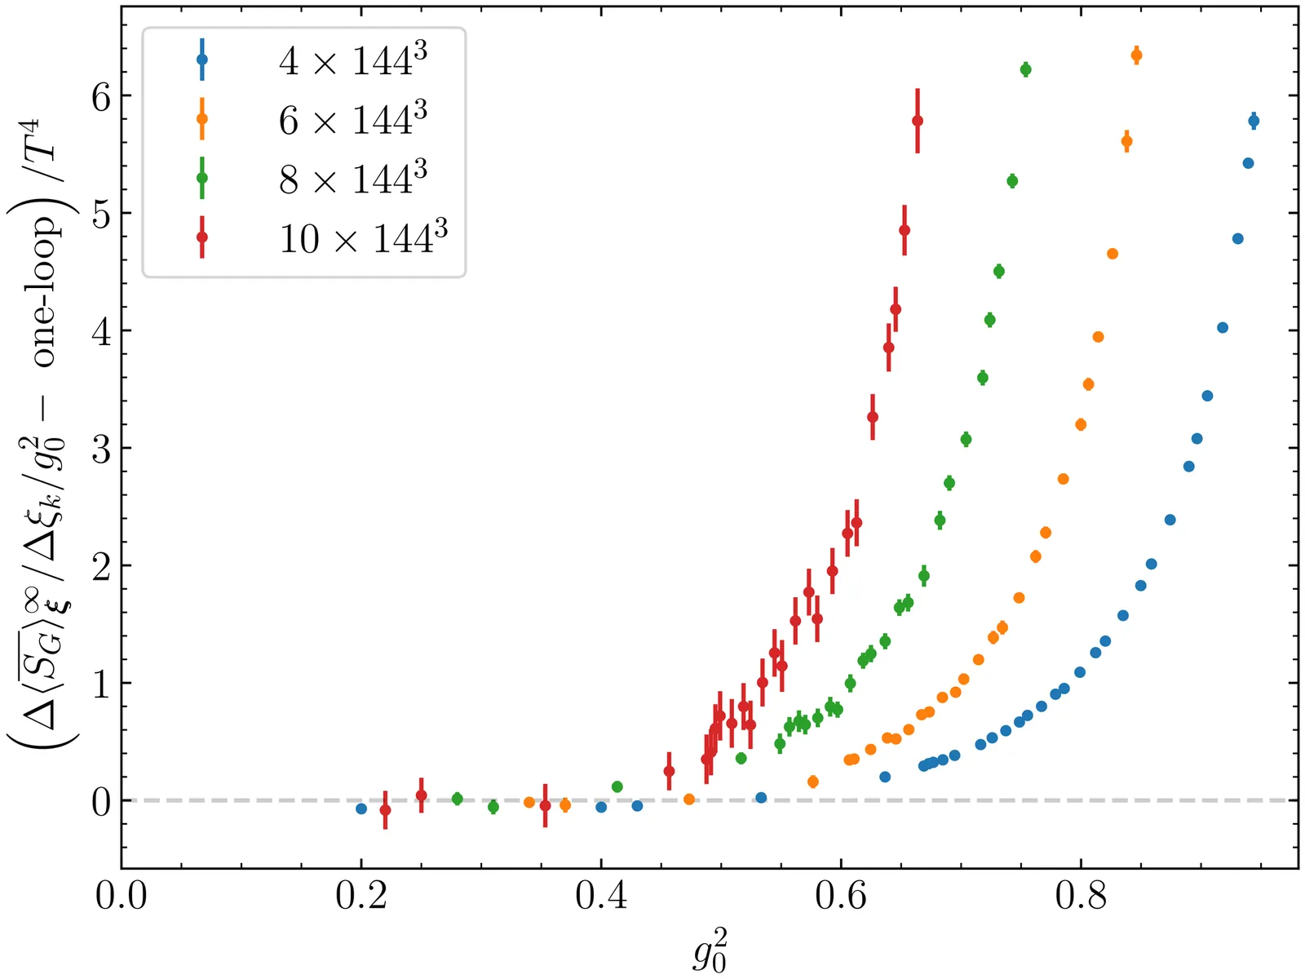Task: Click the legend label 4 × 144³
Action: click(x=352, y=61)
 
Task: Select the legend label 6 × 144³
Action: click(x=352, y=120)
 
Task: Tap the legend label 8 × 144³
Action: click(x=352, y=179)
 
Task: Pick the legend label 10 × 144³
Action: click(x=363, y=238)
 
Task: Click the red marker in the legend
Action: click(x=202, y=237)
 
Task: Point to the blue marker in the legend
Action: click(x=202, y=60)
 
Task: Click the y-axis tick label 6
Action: click(x=101, y=96)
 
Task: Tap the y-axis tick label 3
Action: click(x=101, y=449)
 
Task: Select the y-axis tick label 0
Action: click(x=101, y=802)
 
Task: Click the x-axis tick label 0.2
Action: click(x=361, y=896)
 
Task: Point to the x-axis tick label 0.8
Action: click(x=1081, y=896)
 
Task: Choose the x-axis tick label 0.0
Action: click(x=122, y=896)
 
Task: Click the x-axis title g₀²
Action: click(x=710, y=950)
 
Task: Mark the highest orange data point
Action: click(x=1136, y=55)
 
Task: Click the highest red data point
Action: click(x=918, y=121)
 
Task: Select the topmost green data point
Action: click(x=1025, y=69)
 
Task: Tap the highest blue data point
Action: click(x=1254, y=121)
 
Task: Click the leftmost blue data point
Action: click(x=361, y=808)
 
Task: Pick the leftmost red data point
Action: click(x=385, y=810)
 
